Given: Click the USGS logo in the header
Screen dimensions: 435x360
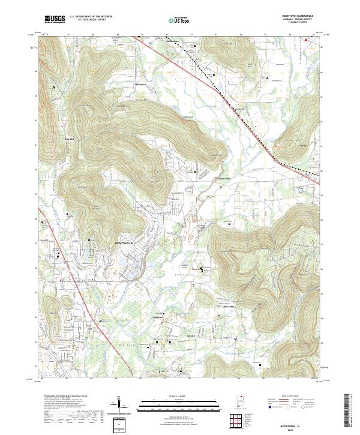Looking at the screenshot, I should pyautogui.click(x=55, y=20).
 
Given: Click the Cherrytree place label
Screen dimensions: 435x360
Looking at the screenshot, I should pyautogui.click(x=158, y=317).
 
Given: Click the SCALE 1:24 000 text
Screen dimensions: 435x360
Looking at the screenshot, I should pyautogui.click(x=179, y=397).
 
